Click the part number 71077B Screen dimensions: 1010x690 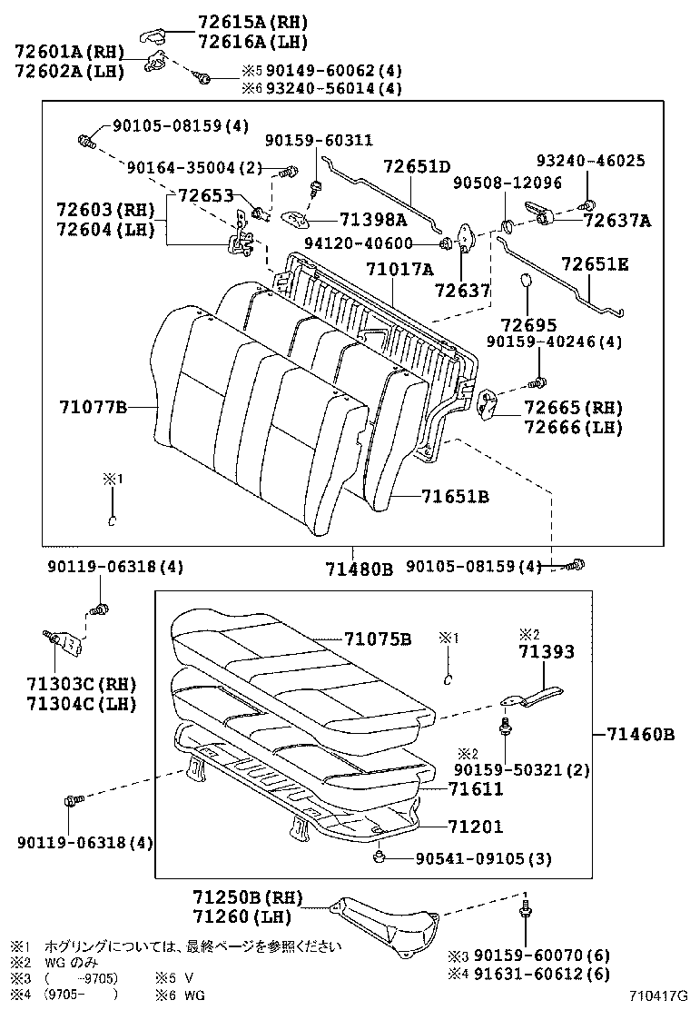pyautogui.click(x=94, y=408)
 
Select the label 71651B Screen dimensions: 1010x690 pyautogui.click(x=456, y=497)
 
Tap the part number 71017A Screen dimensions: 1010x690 pyautogui.click(x=399, y=269)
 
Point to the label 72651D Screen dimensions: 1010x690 pyautogui.click(x=417, y=166)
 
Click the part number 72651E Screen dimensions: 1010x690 pyautogui.click(x=595, y=264)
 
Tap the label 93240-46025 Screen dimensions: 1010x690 pyautogui.click(x=590, y=161)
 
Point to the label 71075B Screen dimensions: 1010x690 pyautogui.click(x=378, y=639)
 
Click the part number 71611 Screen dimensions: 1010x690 pyautogui.click(x=475, y=790)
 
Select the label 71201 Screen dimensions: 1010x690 pyautogui.click(x=475, y=827)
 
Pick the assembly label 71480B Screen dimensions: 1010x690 pyautogui.click(x=359, y=569)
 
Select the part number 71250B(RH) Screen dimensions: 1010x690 pyautogui.click(x=247, y=898)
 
